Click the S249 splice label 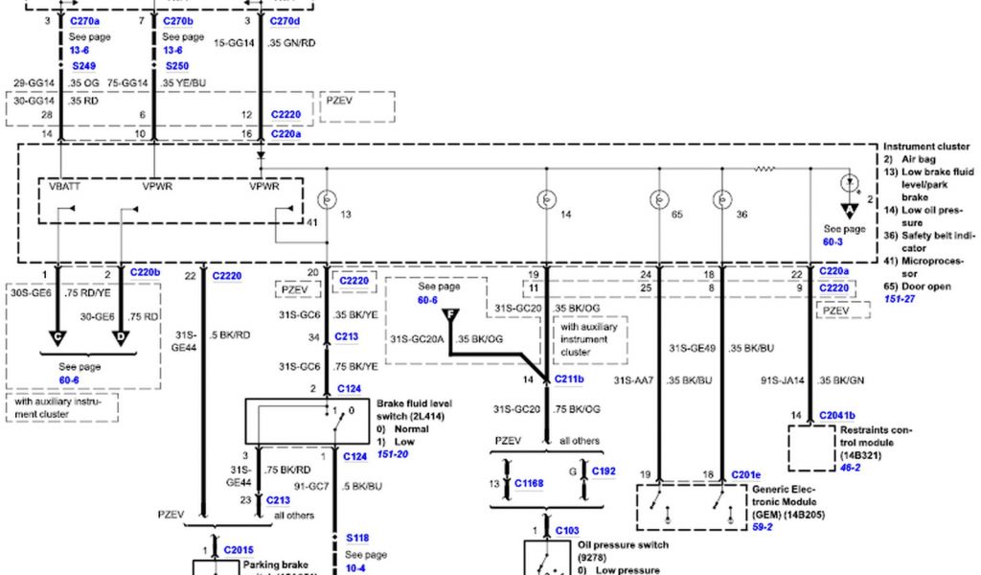click(x=85, y=67)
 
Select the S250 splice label click(x=176, y=67)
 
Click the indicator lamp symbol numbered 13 click(x=326, y=200)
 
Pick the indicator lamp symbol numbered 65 click(x=659, y=200)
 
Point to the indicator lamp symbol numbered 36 click(x=721, y=200)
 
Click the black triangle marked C click(x=59, y=335)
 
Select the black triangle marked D click(x=122, y=335)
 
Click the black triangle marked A click(x=849, y=212)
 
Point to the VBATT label click(x=64, y=187)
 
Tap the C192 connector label click(x=604, y=471)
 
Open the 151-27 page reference click(x=900, y=298)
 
